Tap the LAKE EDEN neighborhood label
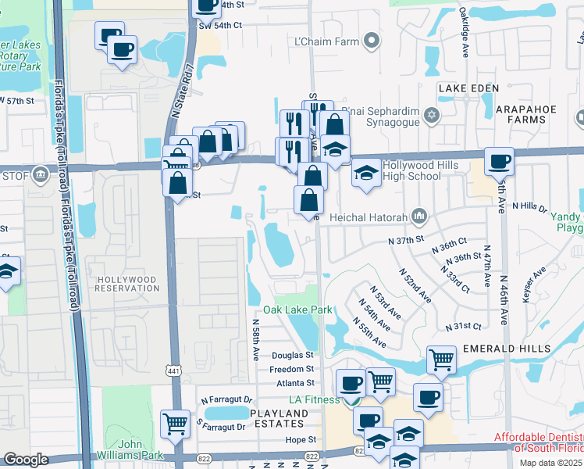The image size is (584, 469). coord(468,88)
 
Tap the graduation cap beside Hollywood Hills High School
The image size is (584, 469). coord(365,174)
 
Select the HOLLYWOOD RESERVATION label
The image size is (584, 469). coord(126,284)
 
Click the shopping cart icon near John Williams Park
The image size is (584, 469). coord(175,424)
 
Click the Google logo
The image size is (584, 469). coord(26,460)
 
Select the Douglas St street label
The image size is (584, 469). coord(292,355)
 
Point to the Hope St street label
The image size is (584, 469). coord(301,441)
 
